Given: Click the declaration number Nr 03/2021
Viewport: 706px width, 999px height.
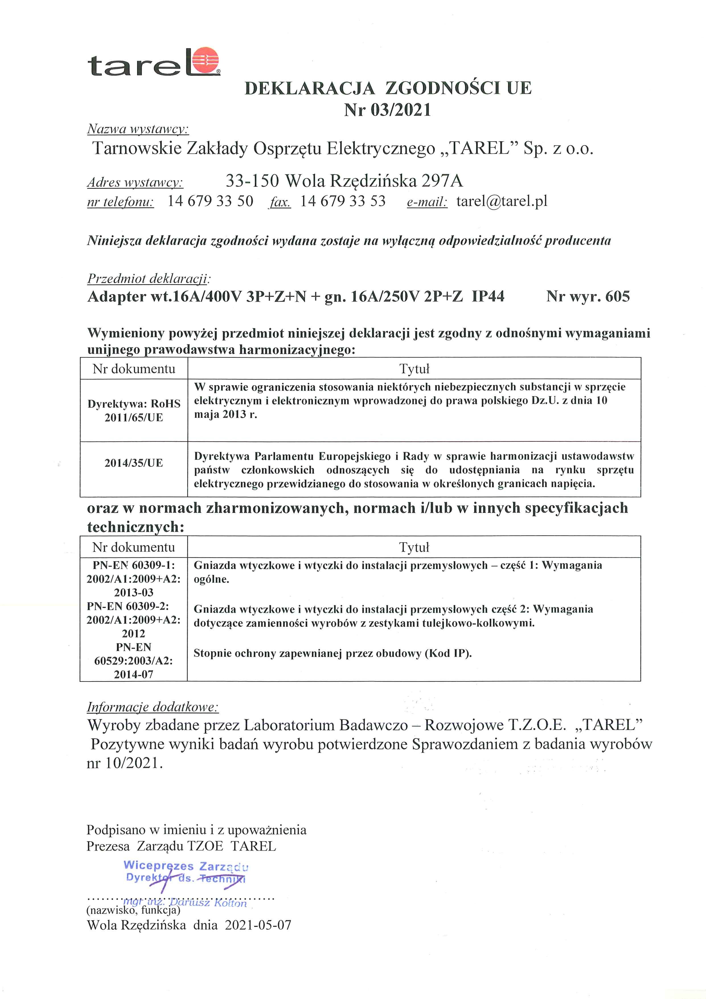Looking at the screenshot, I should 387,110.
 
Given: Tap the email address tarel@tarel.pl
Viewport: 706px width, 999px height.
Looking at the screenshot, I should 502,201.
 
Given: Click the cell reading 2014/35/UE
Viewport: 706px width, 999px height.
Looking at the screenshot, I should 134,463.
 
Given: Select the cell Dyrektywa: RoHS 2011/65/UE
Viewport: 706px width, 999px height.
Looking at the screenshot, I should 134,410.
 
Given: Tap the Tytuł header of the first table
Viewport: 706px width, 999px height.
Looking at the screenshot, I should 414,369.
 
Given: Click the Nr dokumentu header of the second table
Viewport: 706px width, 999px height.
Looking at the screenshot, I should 134,547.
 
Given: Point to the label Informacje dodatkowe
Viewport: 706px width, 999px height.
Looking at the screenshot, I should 152,707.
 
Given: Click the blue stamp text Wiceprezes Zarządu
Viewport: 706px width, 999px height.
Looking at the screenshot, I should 186,866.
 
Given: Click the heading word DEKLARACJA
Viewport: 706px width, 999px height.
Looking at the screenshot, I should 310,88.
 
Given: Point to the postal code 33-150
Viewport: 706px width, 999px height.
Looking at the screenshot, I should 252,181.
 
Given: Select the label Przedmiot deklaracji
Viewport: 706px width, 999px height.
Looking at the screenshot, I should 148,279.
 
